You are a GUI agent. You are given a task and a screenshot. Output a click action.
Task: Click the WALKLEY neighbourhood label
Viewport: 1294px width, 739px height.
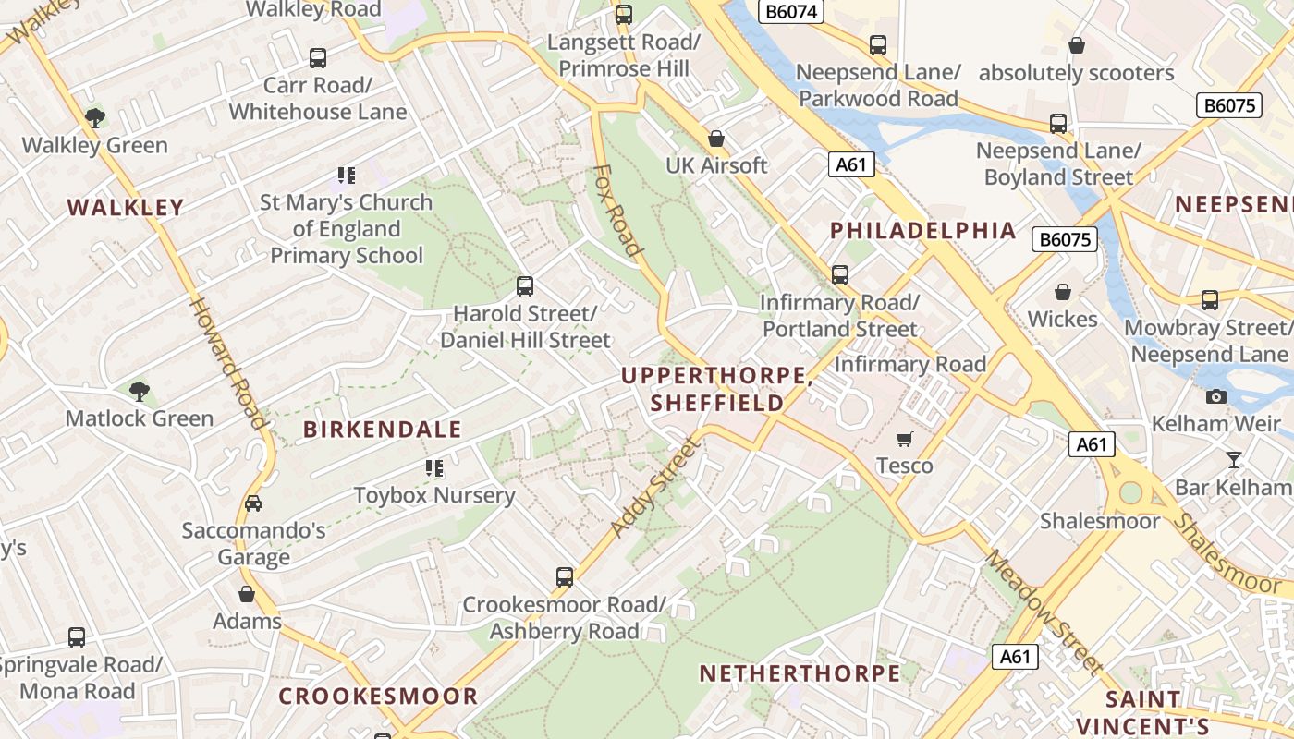tap(126, 208)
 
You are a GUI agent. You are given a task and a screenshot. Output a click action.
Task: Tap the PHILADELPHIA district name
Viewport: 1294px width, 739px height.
tap(923, 231)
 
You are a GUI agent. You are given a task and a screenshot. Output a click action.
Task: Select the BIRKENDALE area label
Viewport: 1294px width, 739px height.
tap(383, 430)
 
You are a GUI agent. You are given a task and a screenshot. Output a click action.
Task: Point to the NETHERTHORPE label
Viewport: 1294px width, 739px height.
tap(800, 673)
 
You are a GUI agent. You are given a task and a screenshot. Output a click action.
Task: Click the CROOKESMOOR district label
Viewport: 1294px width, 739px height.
tap(378, 697)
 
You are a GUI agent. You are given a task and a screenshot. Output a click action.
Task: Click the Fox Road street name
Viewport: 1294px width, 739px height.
tap(618, 210)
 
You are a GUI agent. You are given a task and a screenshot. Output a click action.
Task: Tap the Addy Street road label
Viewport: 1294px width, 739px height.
tap(655, 488)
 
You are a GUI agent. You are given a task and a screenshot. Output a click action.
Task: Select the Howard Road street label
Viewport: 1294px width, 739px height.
tap(228, 362)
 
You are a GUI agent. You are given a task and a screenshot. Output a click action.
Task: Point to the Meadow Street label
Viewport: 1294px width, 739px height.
tap(1043, 612)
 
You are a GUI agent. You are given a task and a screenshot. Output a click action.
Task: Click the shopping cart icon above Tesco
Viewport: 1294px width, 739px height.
tap(905, 439)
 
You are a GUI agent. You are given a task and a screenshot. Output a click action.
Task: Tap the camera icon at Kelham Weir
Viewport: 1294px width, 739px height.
tap(1215, 397)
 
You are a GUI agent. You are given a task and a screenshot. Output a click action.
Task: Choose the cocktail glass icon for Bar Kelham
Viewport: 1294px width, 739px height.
tap(1233, 460)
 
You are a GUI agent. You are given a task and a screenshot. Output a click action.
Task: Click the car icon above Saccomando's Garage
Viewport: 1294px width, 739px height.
tap(253, 503)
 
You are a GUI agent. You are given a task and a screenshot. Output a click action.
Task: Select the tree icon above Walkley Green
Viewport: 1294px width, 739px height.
tap(95, 117)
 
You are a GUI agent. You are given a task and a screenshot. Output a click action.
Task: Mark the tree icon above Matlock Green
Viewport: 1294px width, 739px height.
tap(140, 391)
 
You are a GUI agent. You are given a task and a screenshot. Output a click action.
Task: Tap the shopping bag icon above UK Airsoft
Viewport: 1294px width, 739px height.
tap(716, 139)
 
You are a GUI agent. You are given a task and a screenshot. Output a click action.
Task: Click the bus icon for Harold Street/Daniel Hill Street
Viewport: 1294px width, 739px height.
tap(525, 286)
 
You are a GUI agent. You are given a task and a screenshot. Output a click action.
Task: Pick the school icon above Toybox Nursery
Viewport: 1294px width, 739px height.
tap(434, 468)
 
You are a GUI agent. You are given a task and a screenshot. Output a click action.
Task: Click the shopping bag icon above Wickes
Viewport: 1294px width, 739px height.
tap(1063, 292)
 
